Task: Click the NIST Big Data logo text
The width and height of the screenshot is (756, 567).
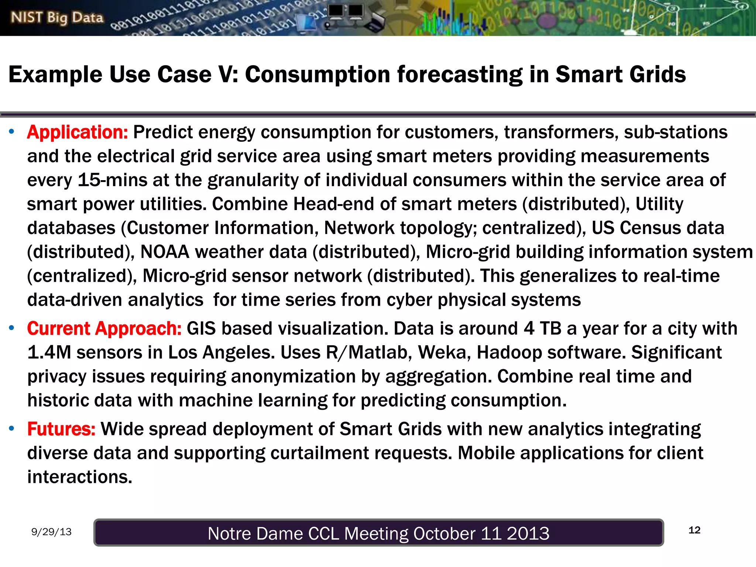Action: coord(57,17)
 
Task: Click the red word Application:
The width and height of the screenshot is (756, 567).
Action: coord(78,132)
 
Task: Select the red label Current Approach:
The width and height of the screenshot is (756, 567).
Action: coord(104,329)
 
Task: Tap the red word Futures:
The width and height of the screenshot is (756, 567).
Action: coord(61,429)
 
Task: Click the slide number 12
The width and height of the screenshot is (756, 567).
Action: coord(694,530)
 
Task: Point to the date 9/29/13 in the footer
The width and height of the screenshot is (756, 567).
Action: coord(51,532)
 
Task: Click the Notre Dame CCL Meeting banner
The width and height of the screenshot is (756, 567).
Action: coord(378,533)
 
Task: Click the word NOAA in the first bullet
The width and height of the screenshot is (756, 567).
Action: coord(165,252)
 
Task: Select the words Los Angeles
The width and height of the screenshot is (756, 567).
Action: coord(221,353)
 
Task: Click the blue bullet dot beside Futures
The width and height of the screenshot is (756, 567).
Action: coord(12,429)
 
